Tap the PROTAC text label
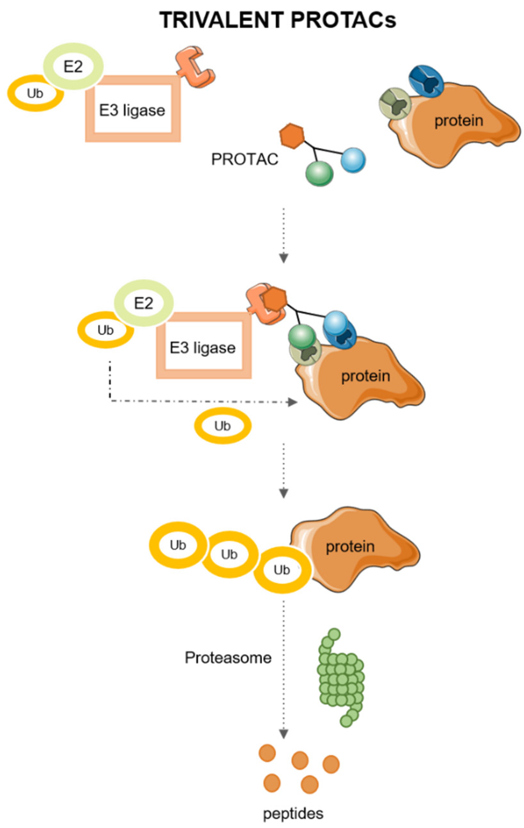(x=244, y=159)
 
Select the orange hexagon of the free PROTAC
(x=292, y=136)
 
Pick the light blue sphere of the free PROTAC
(x=353, y=160)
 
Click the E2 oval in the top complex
(x=73, y=67)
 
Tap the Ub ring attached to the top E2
(x=35, y=93)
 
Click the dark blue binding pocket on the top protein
(x=426, y=81)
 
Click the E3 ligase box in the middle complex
(x=203, y=347)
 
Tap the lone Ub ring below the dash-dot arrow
(x=223, y=426)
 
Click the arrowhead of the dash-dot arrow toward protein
(x=293, y=402)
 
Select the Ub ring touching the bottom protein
(x=282, y=570)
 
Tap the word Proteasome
(x=228, y=658)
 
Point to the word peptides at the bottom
(x=293, y=814)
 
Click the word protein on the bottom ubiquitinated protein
(x=350, y=546)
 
